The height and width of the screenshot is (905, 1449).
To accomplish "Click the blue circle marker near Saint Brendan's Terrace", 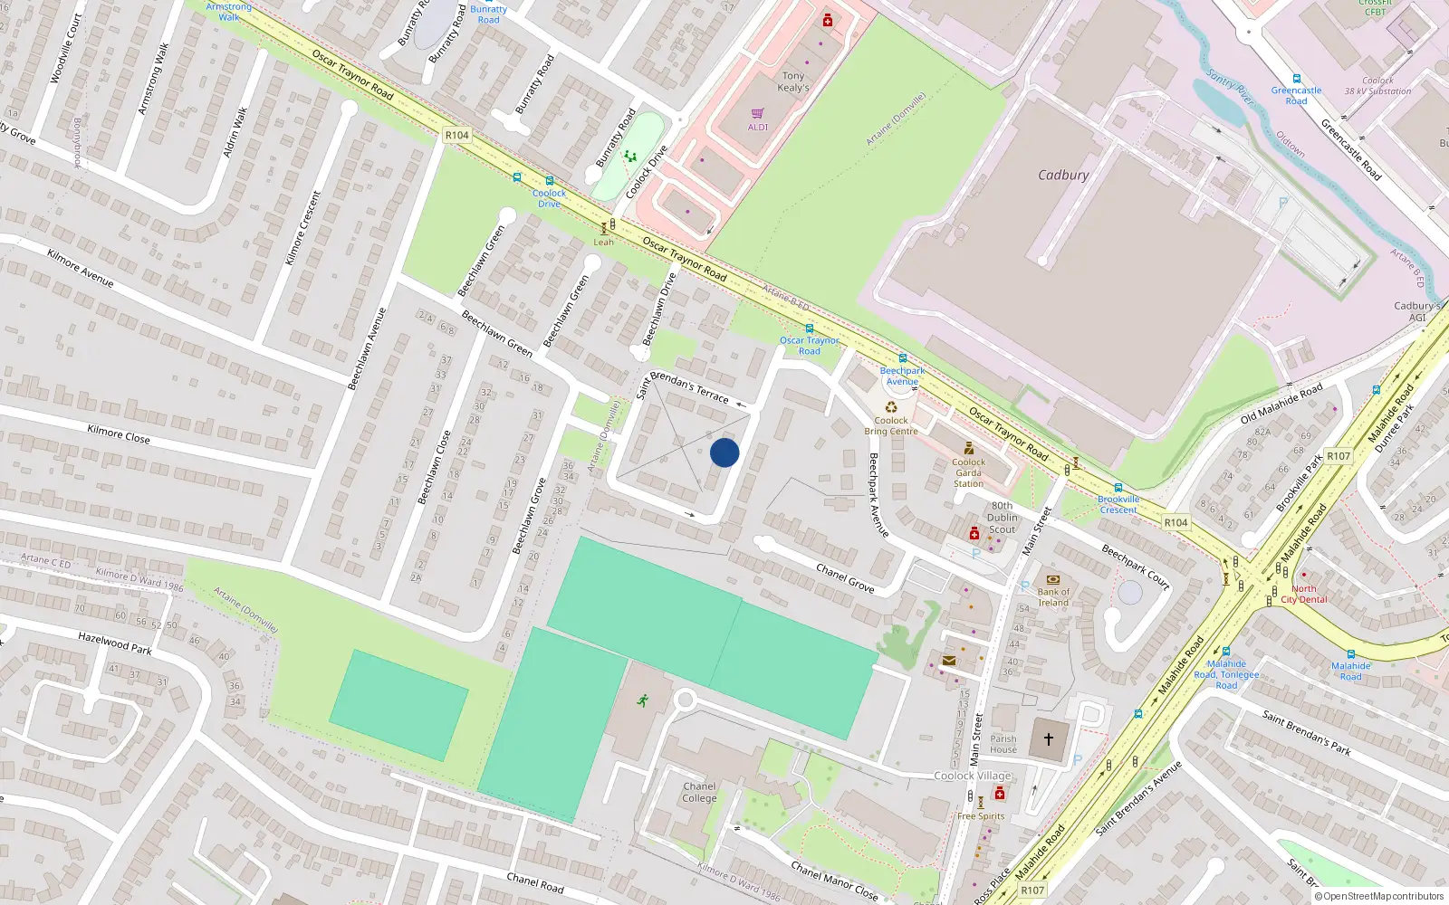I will pos(724,452).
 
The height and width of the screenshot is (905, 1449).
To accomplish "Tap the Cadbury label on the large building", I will pos(1063,176).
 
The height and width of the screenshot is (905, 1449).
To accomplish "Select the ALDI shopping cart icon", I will pos(758,114).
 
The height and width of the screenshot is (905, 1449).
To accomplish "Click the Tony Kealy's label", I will pos(793,82).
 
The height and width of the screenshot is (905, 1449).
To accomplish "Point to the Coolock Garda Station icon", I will pos(968,448).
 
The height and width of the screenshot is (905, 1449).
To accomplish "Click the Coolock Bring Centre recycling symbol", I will pos(891,407).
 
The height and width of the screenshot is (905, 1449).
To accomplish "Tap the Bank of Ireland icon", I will pos(1052,579).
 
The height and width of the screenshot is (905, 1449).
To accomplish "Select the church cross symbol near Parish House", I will pos(1049,739).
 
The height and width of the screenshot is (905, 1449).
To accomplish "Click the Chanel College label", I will pos(699,793).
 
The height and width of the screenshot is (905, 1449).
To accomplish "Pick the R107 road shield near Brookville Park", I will pos(1338,456).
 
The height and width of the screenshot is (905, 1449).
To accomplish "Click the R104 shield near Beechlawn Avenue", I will pos(456,135).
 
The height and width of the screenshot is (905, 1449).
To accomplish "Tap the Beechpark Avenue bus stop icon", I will pos(902,358).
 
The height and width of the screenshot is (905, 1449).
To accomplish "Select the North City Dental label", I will pos(1304,594).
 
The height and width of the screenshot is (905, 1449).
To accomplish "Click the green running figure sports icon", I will pos(643,700).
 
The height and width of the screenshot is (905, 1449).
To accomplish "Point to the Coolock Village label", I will pos(973,776).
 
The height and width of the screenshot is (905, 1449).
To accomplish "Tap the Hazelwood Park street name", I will pos(115,643).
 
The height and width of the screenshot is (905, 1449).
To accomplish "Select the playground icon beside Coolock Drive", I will pos(629,157).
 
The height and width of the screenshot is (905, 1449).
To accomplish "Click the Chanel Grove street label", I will pos(845,578).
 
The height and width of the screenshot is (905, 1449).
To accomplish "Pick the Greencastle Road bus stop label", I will pos(1296,96).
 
